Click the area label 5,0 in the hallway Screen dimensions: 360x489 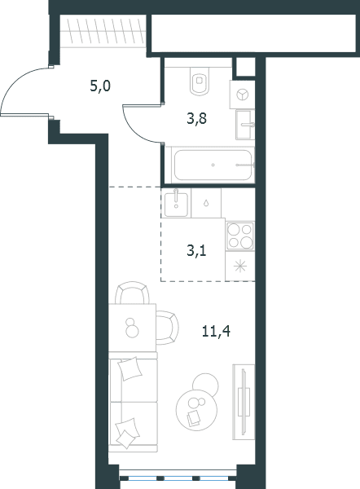[100, 86]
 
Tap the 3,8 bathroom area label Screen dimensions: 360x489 [196, 119]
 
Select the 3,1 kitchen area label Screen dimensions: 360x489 [196, 250]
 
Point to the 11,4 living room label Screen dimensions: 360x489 [216, 331]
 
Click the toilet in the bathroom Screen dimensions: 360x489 [200, 81]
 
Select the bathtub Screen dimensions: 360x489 [213, 165]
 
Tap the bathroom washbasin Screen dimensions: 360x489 [244, 125]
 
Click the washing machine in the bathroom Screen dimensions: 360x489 [242, 95]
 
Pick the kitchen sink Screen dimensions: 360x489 [176, 203]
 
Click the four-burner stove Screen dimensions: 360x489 [240, 236]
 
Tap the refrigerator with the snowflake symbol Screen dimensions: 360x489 [240, 267]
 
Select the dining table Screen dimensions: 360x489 [132, 328]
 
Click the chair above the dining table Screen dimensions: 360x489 [132, 293]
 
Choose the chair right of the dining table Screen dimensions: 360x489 [168, 328]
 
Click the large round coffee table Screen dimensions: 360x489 [196, 410]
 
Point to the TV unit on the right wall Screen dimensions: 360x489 [244, 403]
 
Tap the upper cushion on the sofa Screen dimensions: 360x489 [131, 368]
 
